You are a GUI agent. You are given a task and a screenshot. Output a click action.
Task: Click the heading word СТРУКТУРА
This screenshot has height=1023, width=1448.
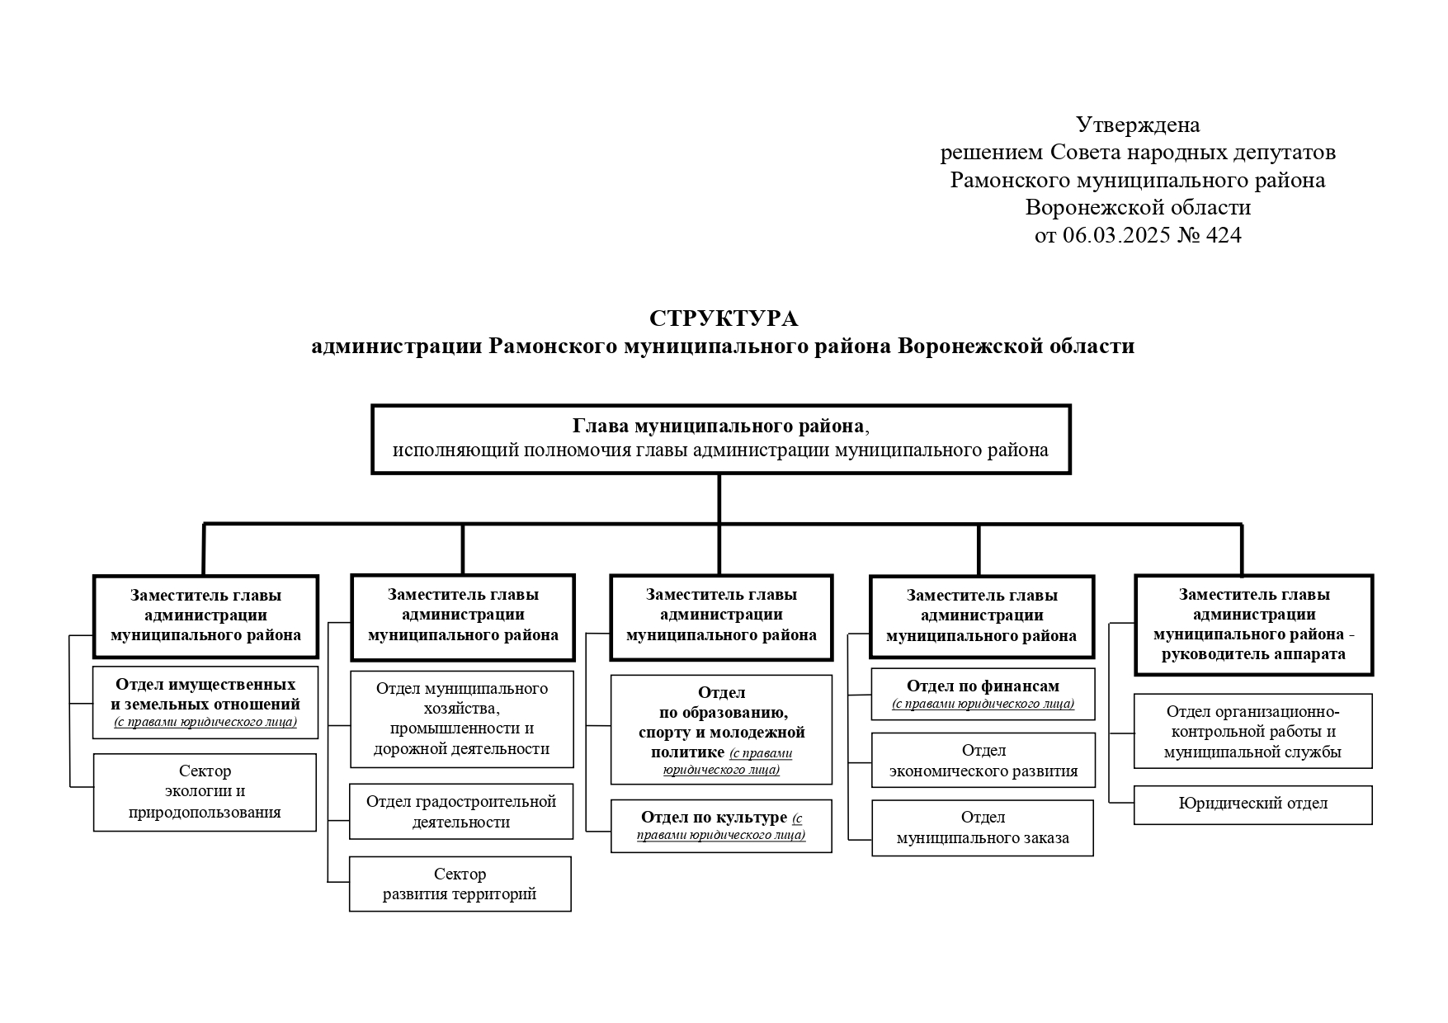click(724, 318)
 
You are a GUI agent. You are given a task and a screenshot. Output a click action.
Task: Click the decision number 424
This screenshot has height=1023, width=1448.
click(1224, 235)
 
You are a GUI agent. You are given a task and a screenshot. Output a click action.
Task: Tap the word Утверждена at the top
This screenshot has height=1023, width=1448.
click(1138, 125)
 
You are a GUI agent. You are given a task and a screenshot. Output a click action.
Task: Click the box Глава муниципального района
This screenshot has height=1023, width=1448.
click(720, 439)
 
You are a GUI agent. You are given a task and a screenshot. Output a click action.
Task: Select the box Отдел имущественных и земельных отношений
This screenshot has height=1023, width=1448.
click(205, 702)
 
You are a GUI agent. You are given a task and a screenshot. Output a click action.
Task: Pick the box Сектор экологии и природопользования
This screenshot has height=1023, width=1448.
click(205, 792)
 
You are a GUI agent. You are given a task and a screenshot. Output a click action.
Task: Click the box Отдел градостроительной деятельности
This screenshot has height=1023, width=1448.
click(461, 812)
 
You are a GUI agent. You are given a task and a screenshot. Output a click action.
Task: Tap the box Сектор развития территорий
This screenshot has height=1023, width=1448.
click(460, 884)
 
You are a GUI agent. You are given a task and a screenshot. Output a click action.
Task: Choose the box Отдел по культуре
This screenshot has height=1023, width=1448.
click(721, 826)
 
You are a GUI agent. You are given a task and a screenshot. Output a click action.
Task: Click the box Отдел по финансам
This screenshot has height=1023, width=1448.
click(983, 694)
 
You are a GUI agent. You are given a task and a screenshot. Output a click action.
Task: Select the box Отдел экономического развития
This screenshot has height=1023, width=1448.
click(983, 761)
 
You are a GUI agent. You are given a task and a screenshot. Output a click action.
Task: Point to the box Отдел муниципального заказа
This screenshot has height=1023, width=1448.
click(982, 828)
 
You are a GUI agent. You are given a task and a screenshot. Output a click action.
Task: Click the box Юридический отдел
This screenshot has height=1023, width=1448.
click(1252, 804)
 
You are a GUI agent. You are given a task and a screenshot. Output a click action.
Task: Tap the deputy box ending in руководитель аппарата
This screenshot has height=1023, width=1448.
click(1253, 625)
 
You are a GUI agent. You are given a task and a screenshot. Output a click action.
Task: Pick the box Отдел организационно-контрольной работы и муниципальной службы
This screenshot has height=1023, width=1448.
click(1252, 731)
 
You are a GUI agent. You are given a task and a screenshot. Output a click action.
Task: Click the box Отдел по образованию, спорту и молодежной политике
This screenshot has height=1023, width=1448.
click(721, 729)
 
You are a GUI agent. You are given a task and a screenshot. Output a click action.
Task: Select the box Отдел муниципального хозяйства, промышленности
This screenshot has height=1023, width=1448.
click(461, 719)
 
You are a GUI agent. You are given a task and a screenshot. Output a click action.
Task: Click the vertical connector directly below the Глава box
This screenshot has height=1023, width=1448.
click(719, 499)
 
